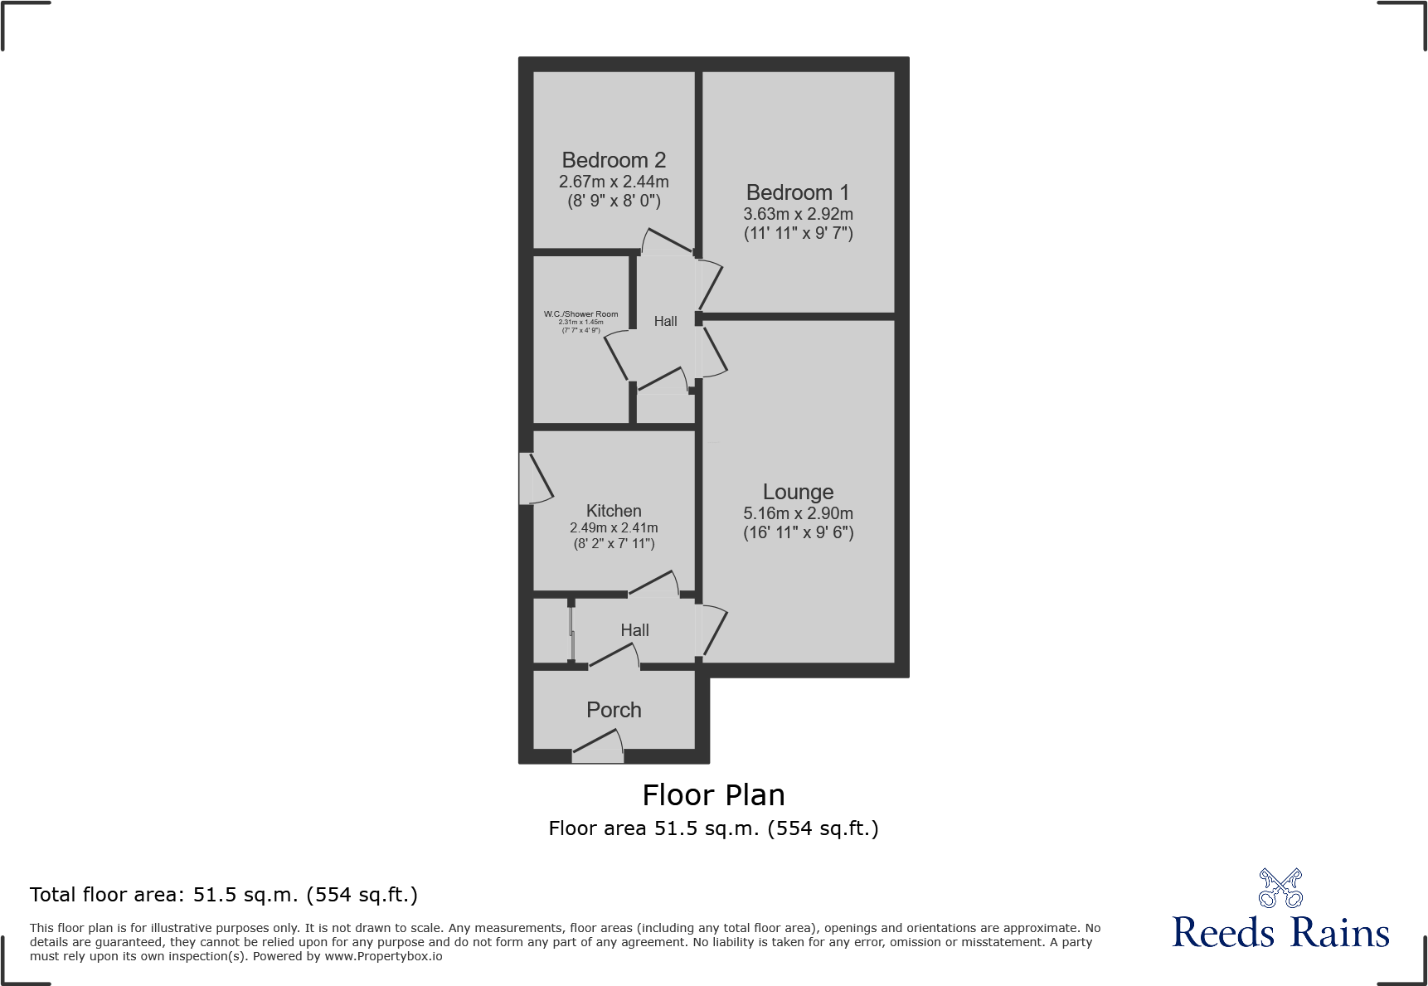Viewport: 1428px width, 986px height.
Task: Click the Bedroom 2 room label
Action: click(x=614, y=160)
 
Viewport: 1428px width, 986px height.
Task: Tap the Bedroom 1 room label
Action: click(x=798, y=192)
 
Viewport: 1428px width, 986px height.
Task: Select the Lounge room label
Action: click(x=798, y=492)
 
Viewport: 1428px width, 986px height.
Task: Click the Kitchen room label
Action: click(x=614, y=511)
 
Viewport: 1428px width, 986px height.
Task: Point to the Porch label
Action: click(x=614, y=710)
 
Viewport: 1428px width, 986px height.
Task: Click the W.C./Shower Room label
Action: click(x=580, y=314)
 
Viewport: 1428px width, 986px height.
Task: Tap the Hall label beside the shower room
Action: click(x=665, y=321)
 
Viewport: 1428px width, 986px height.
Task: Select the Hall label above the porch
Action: click(x=634, y=630)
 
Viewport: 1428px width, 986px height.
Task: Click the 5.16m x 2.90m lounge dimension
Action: click(x=798, y=513)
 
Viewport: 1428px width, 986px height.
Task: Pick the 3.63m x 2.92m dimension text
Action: click(x=798, y=214)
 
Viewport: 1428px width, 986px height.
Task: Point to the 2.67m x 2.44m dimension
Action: click(x=614, y=182)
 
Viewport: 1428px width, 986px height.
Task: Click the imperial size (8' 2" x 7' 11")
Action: click(x=614, y=544)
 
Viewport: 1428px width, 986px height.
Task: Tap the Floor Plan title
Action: click(x=713, y=794)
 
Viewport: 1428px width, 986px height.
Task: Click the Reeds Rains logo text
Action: click(x=1280, y=932)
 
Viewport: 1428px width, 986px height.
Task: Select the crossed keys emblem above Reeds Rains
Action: click(x=1280, y=888)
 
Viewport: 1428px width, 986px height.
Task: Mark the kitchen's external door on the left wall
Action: click(x=534, y=479)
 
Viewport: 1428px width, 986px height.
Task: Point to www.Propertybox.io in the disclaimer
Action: click(x=383, y=956)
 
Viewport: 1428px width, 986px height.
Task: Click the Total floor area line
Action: click(x=224, y=895)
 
